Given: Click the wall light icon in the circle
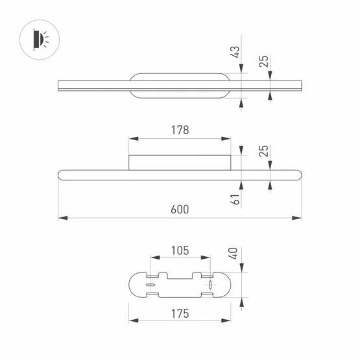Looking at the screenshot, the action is pyautogui.click(x=41, y=40).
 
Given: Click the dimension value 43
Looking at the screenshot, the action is pyautogui.click(x=235, y=52).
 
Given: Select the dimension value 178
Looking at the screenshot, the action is pyautogui.click(x=180, y=130).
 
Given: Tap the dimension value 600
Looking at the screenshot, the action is pyautogui.click(x=180, y=210).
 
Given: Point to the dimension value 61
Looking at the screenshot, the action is pyautogui.click(x=235, y=199).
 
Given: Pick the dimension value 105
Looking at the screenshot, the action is pyautogui.click(x=180, y=250).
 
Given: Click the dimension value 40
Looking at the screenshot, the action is pyautogui.click(x=234, y=254).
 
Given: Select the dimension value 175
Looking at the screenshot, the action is pyautogui.click(x=180, y=314).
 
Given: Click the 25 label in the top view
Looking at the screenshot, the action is pyautogui.click(x=263, y=62).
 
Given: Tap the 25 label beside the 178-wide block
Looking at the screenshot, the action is pyautogui.click(x=263, y=151).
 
